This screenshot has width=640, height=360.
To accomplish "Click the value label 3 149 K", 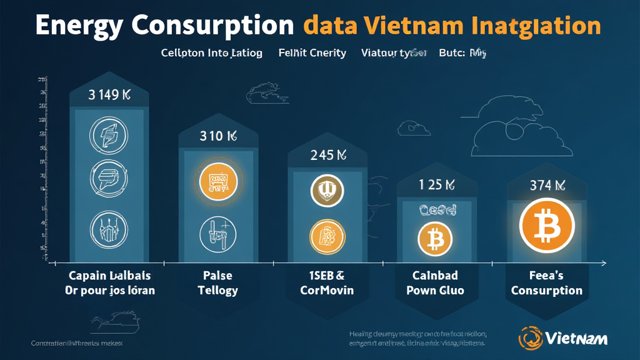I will [108, 96].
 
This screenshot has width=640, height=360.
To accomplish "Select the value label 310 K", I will [217, 136].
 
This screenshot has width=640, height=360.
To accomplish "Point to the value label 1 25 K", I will [436, 184].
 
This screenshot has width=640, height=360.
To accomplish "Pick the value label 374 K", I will [546, 184].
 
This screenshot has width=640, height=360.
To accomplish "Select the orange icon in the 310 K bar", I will [217, 182].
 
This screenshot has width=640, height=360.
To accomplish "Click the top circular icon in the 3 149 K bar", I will [108, 134].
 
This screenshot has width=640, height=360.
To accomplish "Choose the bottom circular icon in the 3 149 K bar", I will [108, 229].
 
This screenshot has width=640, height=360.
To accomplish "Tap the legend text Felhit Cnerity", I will [312, 53].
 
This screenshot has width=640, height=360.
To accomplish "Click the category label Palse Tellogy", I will [217, 282].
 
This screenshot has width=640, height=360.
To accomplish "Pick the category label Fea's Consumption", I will [546, 282].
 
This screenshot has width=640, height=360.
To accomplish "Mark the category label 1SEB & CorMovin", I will [327, 282].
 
